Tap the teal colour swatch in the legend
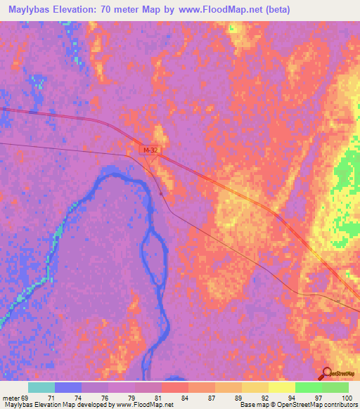pyautogui.click(x=41, y=387)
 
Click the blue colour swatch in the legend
pyautogui.click(x=68, y=387)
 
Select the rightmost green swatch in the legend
pyautogui.click(x=335, y=387)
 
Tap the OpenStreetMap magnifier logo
pyautogui.click(x=327, y=374)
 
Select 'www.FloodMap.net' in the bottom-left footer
pyautogui.click(x=147, y=405)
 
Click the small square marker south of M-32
pyautogui.click(x=161, y=193)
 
